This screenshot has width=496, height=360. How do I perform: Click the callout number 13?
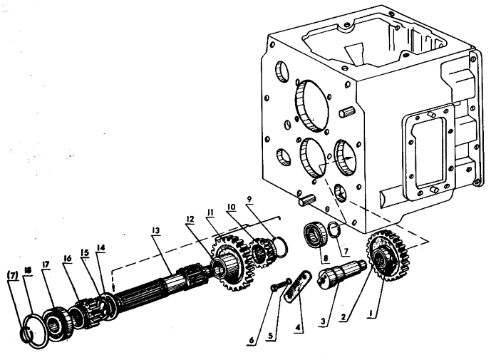(x=155, y=231)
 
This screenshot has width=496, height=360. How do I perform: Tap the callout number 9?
(x=249, y=200)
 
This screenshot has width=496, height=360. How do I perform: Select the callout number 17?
(x=46, y=264)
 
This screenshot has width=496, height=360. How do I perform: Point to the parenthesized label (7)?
(x=13, y=276)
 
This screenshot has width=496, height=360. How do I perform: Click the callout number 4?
(x=297, y=328)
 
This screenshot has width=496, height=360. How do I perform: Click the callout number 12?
(x=190, y=219)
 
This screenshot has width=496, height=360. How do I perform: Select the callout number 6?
(x=252, y=340)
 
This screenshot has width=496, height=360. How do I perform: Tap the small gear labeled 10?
(x=262, y=252)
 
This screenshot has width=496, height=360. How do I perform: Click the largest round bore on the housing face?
(x=311, y=106)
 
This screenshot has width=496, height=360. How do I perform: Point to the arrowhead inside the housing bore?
(x=350, y=158)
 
